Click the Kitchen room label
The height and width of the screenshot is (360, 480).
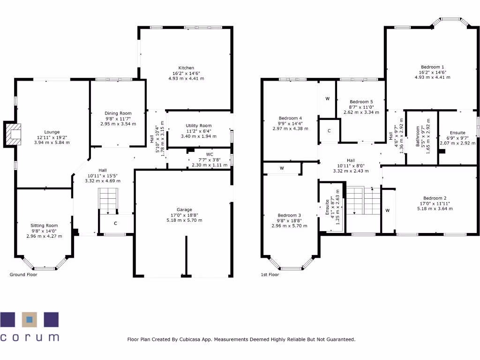(x=186, y=68)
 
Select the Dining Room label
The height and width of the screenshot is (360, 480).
(x=118, y=113)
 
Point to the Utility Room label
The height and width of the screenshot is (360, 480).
(x=199, y=126)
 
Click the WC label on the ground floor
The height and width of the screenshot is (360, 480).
(x=210, y=154)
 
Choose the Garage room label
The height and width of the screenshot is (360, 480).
(x=184, y=210)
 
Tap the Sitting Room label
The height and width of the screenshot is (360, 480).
(x=44, y=225)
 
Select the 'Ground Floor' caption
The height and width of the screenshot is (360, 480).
(x=23, y=275)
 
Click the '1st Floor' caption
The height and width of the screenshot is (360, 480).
(x=270, y=275)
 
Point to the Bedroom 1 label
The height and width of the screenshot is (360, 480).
(x=432, y=67)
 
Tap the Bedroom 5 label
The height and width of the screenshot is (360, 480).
(x=361, y=102)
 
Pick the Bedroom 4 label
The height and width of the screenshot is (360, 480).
(x=290, y=118)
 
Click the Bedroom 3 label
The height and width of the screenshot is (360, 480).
(x=289, y=215)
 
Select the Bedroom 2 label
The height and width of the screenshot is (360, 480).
(x=435, y=198)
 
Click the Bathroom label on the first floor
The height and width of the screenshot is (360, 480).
(x=418, y=136)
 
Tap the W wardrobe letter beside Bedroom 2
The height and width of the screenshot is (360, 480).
(x=387, y=210)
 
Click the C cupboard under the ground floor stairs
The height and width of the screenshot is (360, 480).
(x=115, y=224)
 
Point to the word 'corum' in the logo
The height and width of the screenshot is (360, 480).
(x=30, y=337)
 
